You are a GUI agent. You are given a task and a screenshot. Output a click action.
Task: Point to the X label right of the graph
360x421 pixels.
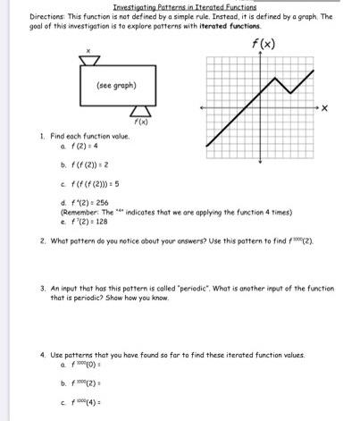coord(325,108)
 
